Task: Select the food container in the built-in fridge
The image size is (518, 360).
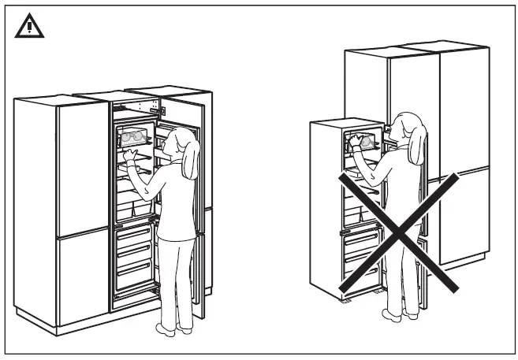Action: coord(132,137)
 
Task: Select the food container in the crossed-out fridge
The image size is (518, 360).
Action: coord(363,139)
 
